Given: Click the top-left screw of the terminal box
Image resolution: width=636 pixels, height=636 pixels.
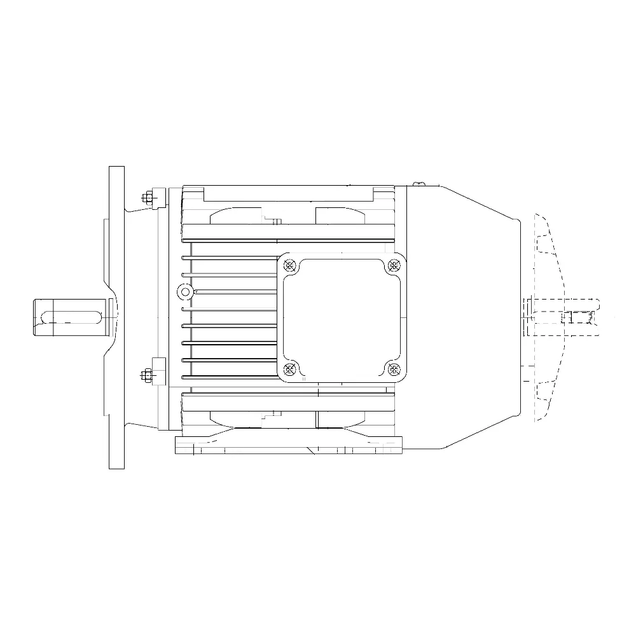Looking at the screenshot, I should tap(291, 266).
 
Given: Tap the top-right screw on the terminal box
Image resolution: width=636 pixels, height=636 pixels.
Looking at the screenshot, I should tap(394, 266).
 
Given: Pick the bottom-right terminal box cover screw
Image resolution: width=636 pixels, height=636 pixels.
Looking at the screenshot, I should tap(394, 368).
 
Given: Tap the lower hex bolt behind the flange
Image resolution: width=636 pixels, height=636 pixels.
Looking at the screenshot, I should tap(146, 375).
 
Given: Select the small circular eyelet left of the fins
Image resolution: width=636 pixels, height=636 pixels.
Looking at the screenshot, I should tap(185, 292).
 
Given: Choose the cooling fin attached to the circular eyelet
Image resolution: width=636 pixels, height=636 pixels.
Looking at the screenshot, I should tap(235, 292).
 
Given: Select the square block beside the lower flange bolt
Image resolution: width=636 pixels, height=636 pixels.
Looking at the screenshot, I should tap(158, 369).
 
